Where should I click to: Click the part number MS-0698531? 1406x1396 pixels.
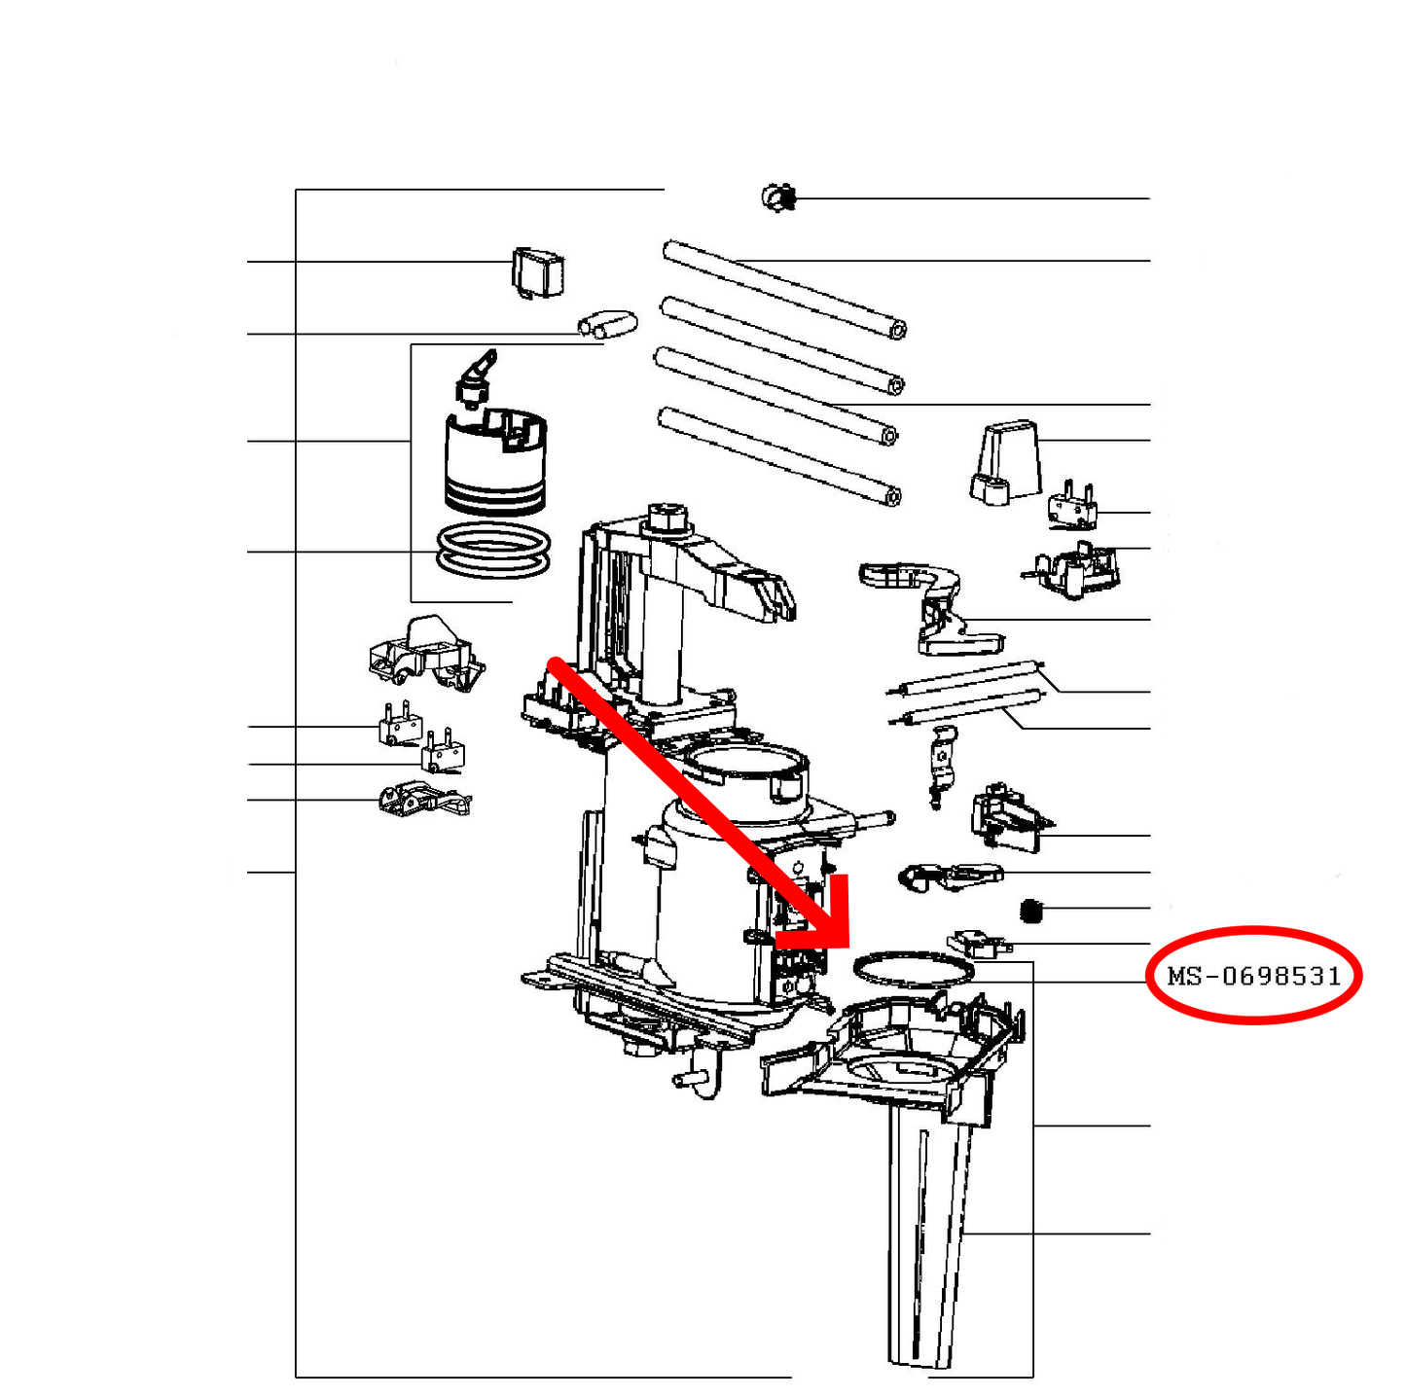coord(1253,976)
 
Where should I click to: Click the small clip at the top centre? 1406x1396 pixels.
coord(777,197)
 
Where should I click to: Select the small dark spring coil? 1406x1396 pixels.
coord(1030,911)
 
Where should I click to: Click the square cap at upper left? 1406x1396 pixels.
coord(538,273)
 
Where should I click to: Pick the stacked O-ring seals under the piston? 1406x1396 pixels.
coord(493,553)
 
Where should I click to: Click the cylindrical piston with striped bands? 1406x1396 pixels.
coord(495,461)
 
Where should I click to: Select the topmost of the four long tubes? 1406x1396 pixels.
coord(784,289)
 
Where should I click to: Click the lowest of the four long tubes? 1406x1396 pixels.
coord(779,456)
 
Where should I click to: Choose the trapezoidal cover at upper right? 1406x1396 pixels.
coord(1004,463)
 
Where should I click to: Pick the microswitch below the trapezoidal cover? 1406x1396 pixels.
coord(1072,504)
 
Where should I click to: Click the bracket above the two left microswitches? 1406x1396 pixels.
coord(426,654)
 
